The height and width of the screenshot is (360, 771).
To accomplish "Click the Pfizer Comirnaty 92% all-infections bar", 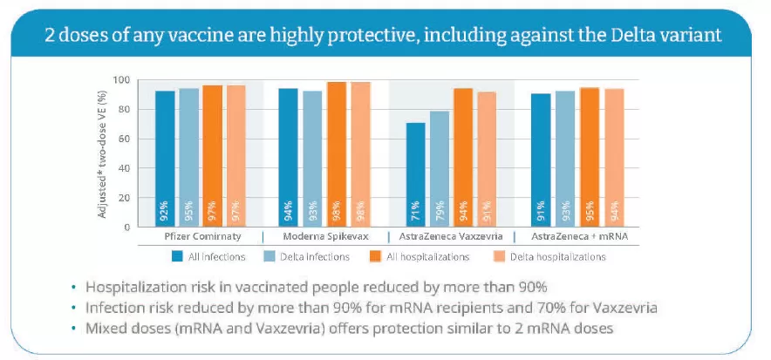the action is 165,160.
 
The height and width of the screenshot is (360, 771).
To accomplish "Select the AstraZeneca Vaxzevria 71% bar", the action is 415,175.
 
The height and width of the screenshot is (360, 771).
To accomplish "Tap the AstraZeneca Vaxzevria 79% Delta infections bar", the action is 440,169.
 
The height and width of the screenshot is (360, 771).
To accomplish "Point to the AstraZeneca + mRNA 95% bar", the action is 590,157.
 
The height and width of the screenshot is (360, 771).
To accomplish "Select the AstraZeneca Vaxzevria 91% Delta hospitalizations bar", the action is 487,160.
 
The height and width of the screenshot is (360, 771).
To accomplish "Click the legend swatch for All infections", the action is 178,256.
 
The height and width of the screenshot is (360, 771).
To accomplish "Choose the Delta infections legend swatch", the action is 270,256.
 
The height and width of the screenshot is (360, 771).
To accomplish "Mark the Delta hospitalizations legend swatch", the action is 499,256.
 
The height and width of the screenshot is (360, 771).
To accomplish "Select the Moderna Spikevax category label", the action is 326,237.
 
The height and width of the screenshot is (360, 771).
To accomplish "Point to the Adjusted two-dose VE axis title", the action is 102,153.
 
